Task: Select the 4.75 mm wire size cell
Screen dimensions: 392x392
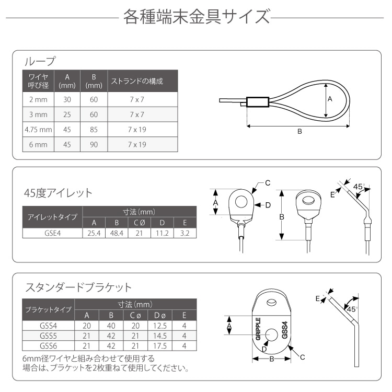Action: point(38,129)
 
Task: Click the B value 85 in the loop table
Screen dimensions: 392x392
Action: point(94,129)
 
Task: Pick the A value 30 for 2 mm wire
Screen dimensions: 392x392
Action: point(66,99)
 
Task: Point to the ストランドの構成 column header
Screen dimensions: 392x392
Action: point(135,82)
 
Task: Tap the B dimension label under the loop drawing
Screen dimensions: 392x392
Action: point(299,132)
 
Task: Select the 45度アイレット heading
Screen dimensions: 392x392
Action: point(58,193)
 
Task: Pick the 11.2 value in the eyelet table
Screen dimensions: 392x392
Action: point(162,233)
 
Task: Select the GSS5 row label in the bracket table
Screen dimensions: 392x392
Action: point(50,336)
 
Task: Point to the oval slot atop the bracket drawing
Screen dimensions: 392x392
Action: point(272,303)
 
